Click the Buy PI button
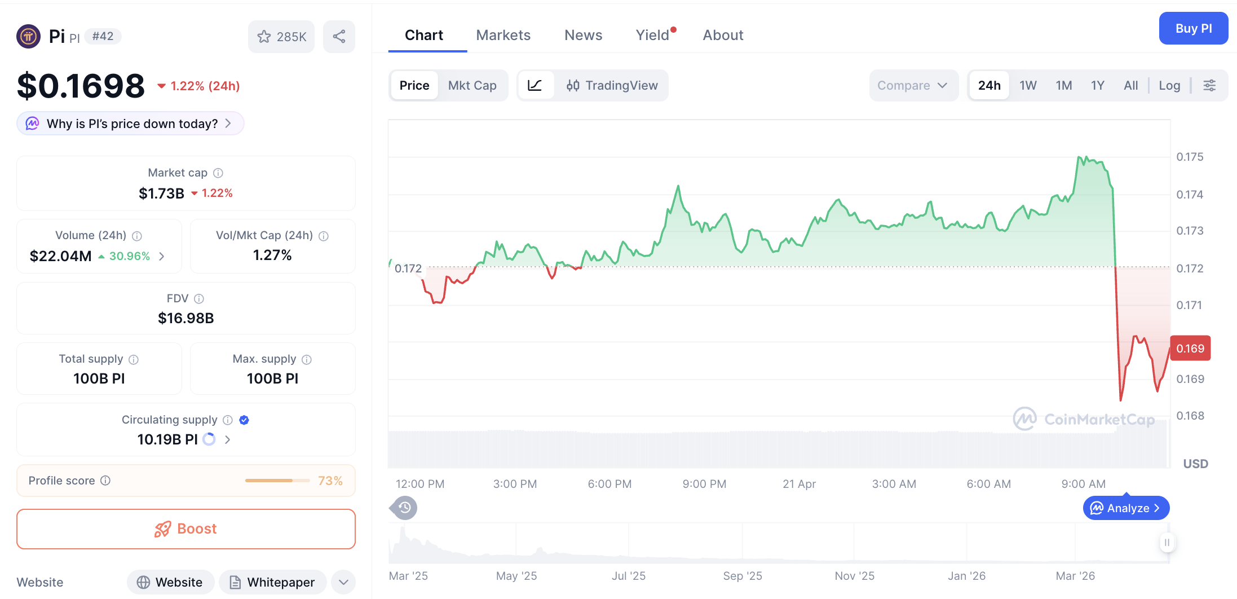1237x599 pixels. pyautogui.click(x=1193, y=28)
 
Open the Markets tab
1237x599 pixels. pyautogui.click(x=503, y=35)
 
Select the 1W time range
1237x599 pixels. pyautogui.click(x=1027, y=85)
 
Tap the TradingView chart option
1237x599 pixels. pyautogui.click(x=612, y=85)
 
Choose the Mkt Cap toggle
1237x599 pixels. pyautogui.click(x=472, y=85)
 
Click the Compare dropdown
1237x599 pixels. pyautogui.click(x=912, y=85)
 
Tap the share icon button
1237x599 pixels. pyautogui.click(x=339, y=37)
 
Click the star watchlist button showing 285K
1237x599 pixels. pyautogui.click(x=281, y=37)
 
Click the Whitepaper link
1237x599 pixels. pyautogui.click(x=272, y=582)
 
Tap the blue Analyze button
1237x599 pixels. pyautogui.click(x=1126, y=508)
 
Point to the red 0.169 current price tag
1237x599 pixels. pyautogui.click(x=1190, y=349)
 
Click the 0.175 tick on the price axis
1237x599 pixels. pyautogui.click(x=1190, y=157)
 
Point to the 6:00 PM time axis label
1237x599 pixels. pyautogui.click(x=609, y=484)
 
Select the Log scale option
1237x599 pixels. pyautogui.click(x=1169, y=85)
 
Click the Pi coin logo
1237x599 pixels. pyautogui.click(x=28, y=37)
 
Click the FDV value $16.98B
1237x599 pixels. pyautogui.click(x=186, y=318)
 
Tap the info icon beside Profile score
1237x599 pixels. pyautogui.click(x=105, y=481)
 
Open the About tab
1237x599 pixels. pyautogui.click(x=723, y=35)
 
